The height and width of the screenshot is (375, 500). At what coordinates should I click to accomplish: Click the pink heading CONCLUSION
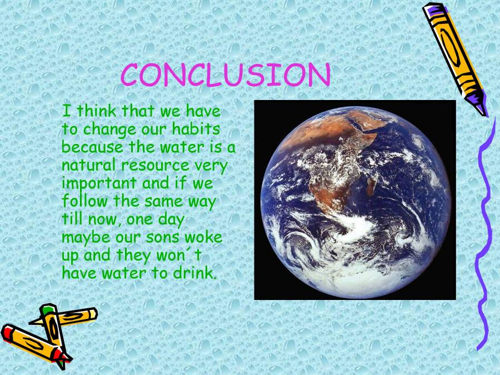tap(226, 76)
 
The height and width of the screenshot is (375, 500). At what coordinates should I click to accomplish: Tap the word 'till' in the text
tap(71, 219)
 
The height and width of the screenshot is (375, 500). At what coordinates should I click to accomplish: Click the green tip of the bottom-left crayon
tap(48, 308)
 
